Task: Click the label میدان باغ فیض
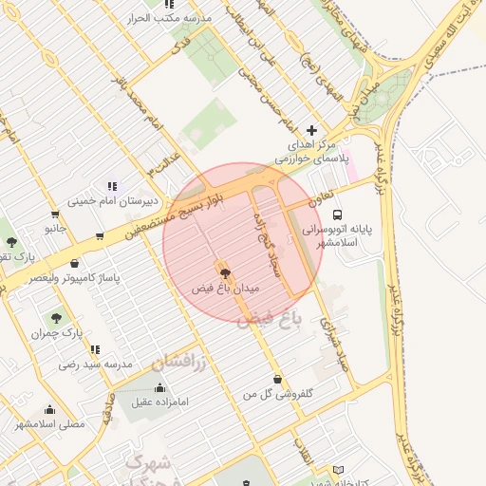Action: tap(225, 286)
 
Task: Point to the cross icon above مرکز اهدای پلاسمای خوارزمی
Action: tap(312, 130)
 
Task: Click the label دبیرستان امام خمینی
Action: tap(104, 200)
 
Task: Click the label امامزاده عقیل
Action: tap(159, 402)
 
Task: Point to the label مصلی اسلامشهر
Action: tap(48, 423)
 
